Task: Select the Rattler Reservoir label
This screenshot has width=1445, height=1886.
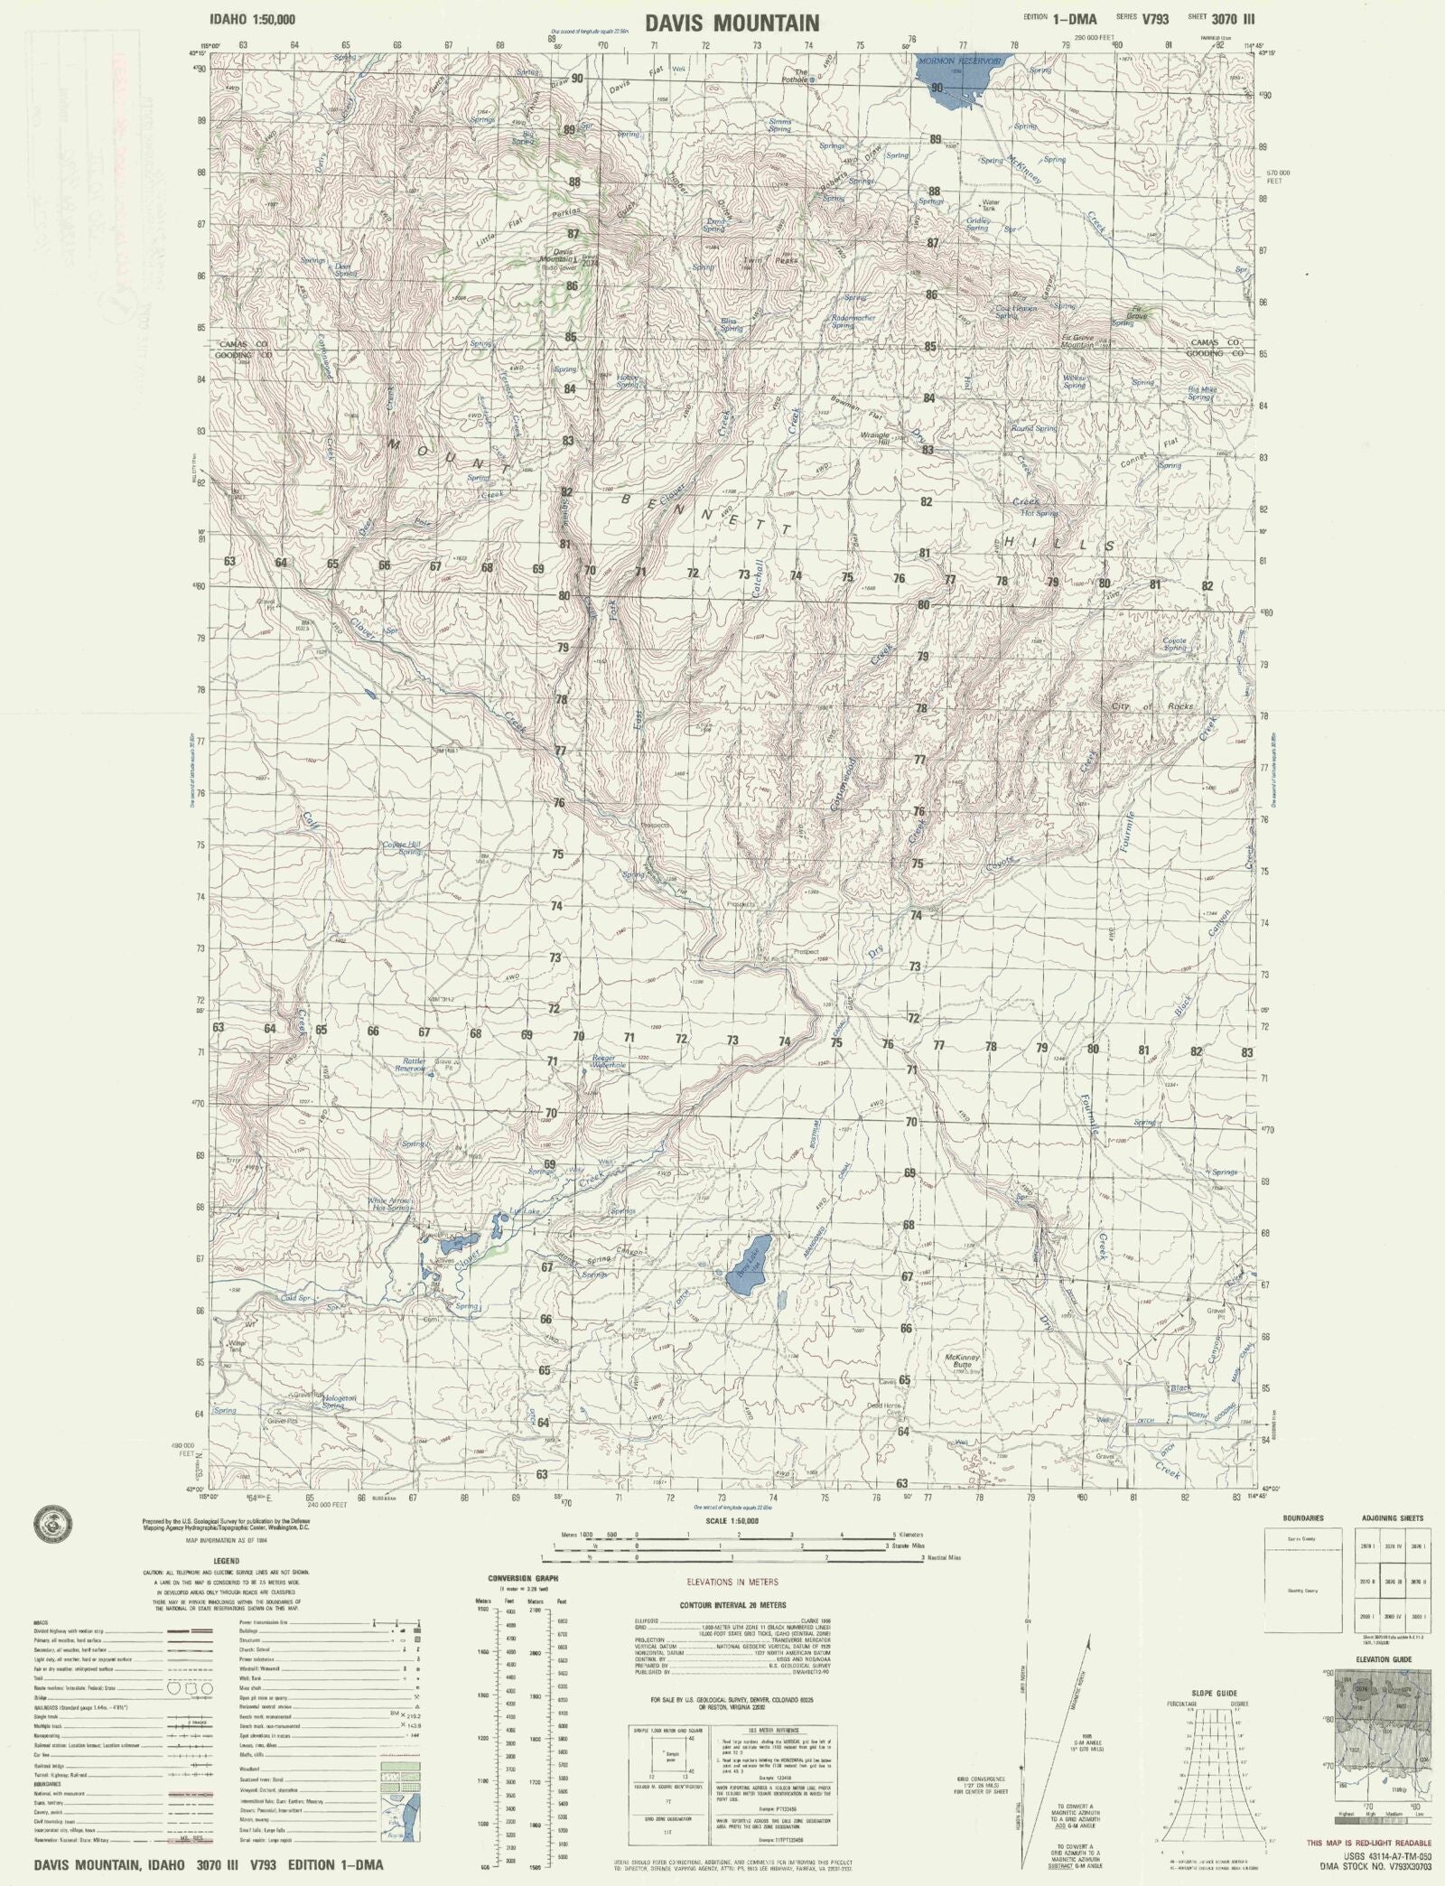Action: point(408,1067)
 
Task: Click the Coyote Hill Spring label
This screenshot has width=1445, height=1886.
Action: point(402,847)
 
